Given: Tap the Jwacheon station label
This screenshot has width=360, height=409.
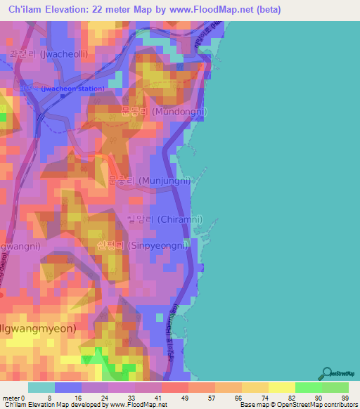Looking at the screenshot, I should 72,89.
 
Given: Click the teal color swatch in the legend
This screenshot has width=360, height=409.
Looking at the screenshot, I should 41,387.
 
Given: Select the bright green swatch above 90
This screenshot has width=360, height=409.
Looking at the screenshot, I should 308,387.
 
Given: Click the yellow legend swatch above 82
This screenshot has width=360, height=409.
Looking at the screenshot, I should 281,387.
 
